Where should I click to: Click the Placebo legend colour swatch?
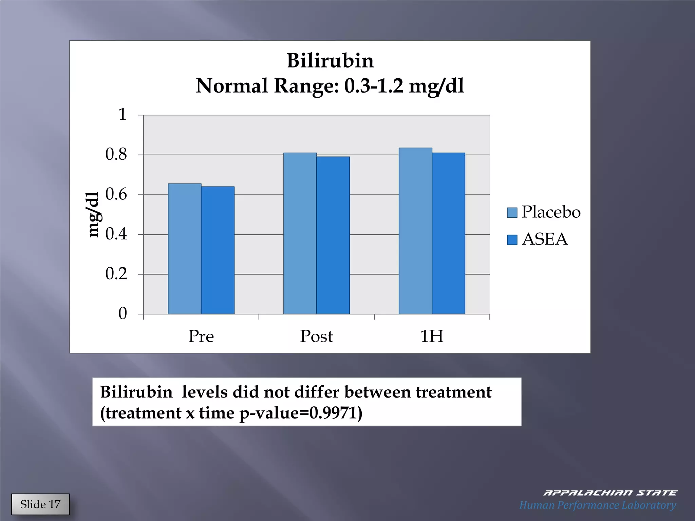coord(512,213)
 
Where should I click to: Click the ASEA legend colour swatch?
coord(512,240)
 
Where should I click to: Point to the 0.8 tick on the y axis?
coord(116,155)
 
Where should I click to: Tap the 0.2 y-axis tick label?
coord(116,274)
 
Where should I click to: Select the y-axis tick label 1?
coord(122,115)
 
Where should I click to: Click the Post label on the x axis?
coord(316,336)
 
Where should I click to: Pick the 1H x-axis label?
coord(432,336)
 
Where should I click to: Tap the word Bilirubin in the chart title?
coord(330,61)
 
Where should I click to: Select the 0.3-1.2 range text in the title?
coord(374,86)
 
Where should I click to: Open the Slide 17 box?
coord(40,504)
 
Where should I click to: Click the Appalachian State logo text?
coord(610,493)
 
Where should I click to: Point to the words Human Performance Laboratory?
coord(598,505)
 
